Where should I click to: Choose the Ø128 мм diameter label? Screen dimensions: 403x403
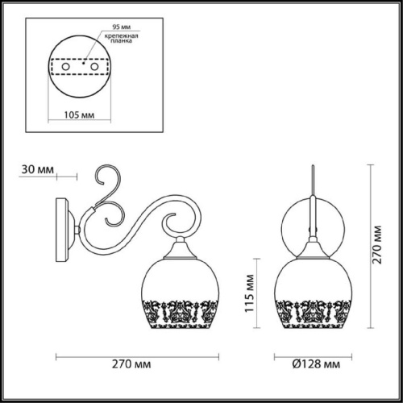[315, 364]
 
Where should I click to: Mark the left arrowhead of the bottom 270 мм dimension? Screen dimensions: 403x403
[57, 354]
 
